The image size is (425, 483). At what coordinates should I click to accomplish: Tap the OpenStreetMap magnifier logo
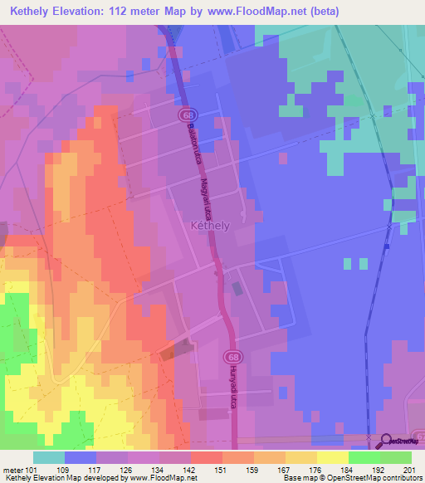pyautogui.click(x=385, y=442)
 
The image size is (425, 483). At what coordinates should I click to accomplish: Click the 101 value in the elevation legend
pyautogui.click(x=32, y=470)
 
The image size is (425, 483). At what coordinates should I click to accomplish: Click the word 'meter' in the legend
pyautogui.click(x=13, y=470)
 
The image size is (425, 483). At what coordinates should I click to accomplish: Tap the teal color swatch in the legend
pyautogui.click(x=49, y=457)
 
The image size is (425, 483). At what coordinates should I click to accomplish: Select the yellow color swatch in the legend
pyautogui.click(x=333, y=457)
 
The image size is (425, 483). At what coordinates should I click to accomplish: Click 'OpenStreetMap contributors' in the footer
pyautogui.click(x=377, y=478)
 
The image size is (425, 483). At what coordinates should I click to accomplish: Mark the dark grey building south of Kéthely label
pyautogui.click(x=239, y=290)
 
